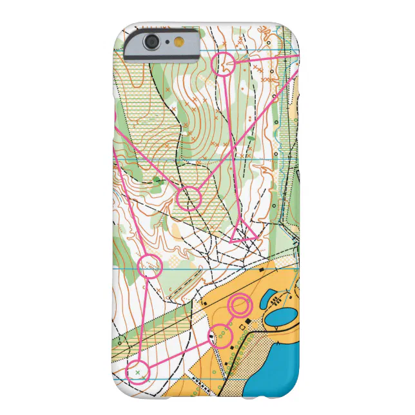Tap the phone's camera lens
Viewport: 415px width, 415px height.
pyautogui.click(x=152, y=42)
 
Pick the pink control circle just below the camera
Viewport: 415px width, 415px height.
pyautogui.click(x=223, y=65)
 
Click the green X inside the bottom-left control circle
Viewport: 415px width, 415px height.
pyautogui.click(x=137, y=372)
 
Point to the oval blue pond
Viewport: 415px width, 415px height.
pyautogui.click(x=278, y=317)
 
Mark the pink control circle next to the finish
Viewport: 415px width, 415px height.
pyautogui.click(x=220, y=335)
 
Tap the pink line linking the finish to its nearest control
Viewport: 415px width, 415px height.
pyautogui.click(x=230, y=320)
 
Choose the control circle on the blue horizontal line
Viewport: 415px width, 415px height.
pyautogui.click(x=150, y=265)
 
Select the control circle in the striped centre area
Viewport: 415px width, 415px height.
pyautogui.click(x=189, y=198)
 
